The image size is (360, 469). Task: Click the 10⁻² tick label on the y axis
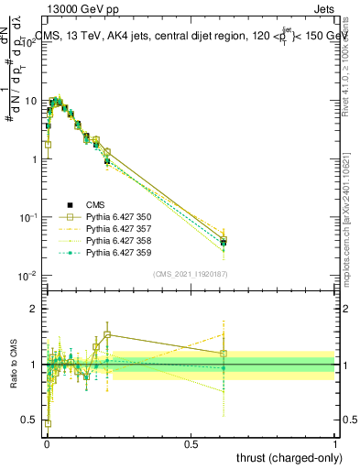29,276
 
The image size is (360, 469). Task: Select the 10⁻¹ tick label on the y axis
29,217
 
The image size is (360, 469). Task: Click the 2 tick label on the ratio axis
36,309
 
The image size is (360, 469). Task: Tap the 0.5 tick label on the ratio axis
31,420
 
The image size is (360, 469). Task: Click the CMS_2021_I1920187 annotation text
191,273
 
